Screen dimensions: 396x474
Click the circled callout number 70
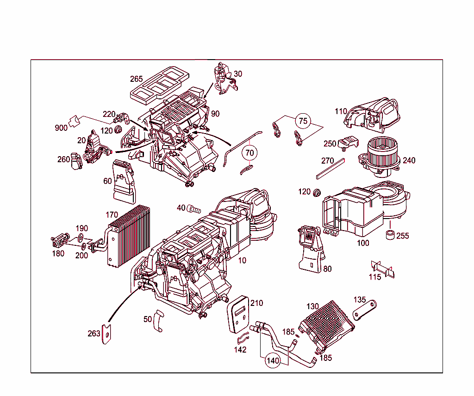[x=249, y=152]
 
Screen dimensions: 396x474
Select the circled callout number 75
[x=303, y=121]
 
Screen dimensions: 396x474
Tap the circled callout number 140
[x=273, y=361]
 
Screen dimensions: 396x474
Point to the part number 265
[x=136, y=79]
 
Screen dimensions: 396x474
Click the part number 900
[x=61, y=128]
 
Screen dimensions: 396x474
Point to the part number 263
[x=94, y=333]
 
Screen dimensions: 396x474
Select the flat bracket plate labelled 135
[x=365, y=309]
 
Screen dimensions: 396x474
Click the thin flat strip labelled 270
[x=331, y=169]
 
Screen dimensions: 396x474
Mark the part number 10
[x=242, y=261]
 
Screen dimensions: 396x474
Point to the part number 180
[x=58, y=254]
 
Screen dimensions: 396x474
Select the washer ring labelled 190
[x=80, y=238]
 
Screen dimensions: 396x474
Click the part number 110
[x=341, y=111]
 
